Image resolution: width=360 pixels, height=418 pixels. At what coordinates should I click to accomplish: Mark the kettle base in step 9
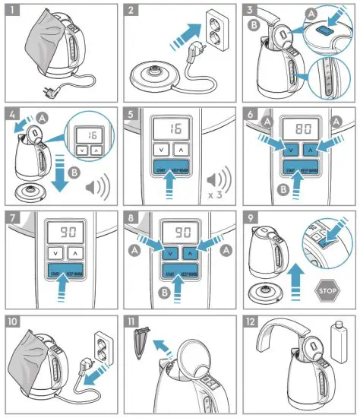[x=273, y=290]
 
